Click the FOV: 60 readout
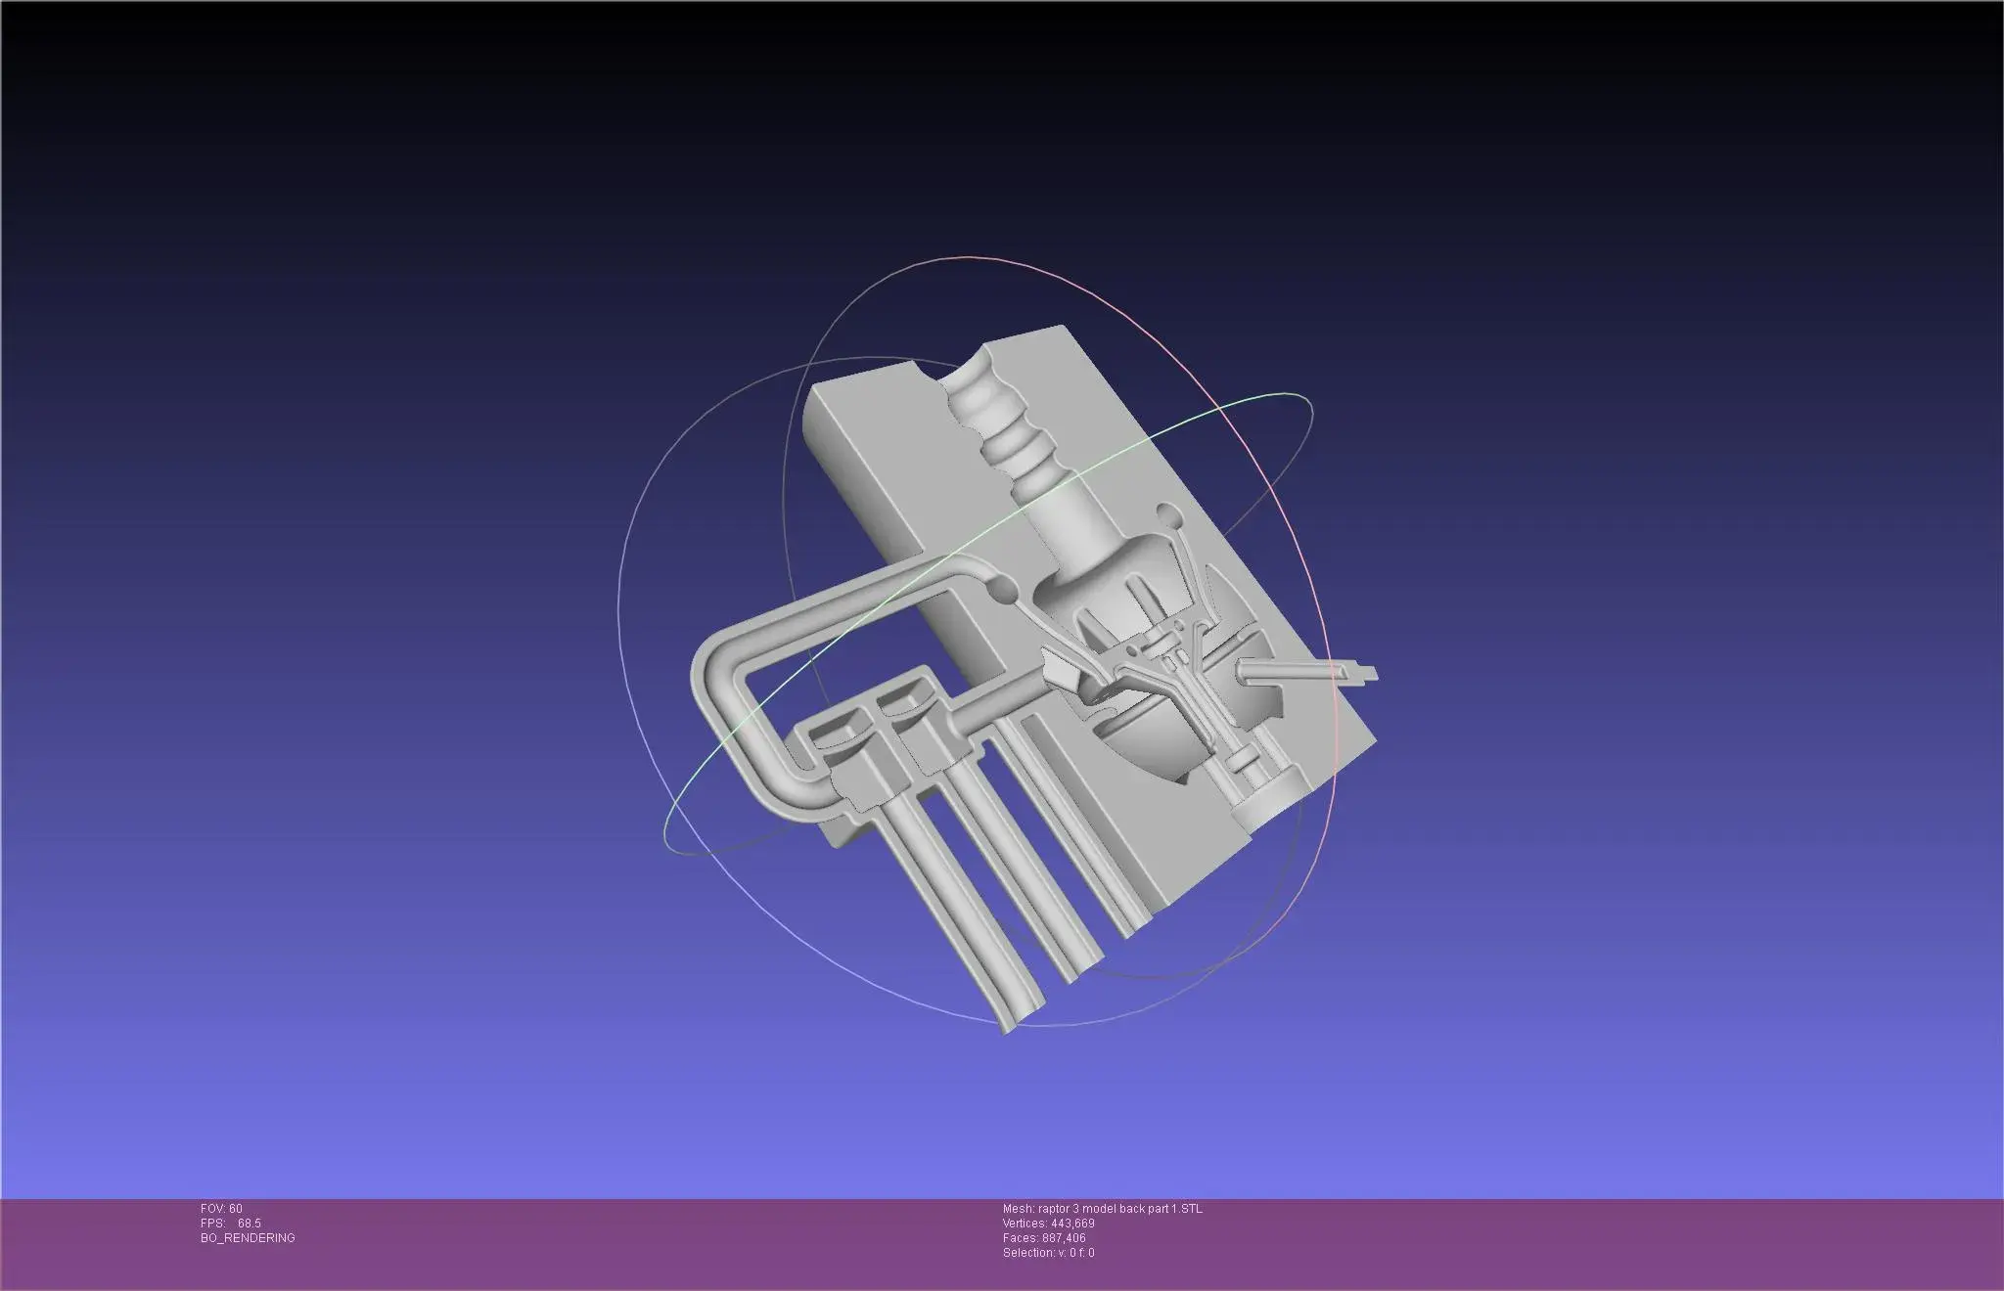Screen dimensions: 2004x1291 tap(221, 1209)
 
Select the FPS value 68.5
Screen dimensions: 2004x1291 tap(249, 1224)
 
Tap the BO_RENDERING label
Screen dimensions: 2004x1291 tap(248, 1238)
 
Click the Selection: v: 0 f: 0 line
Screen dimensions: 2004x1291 tap(1048, 1253)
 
